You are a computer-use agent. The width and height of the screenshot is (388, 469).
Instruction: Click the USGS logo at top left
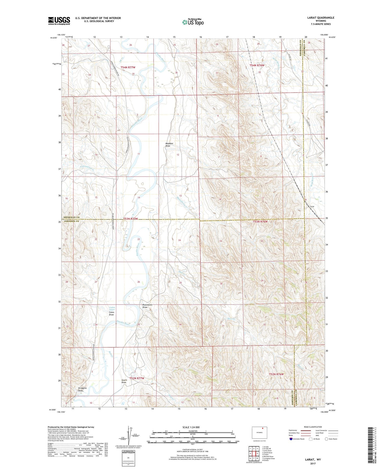pyautogui.click(x=59, y=21)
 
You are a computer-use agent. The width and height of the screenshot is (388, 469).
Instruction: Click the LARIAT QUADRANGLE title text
pyautogui.click(x=321, y=18)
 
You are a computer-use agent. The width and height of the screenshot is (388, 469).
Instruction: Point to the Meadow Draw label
pyautogui.click(x=169, y=145)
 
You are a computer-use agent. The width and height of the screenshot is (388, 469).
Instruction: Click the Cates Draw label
pyautogui.click(x=111, y=313)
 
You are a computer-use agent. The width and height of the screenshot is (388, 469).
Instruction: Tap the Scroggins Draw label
pyautogui.click(x=82, y=389)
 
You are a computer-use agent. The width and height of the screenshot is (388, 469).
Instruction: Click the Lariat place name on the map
pyautogui.click(x=312, y=206)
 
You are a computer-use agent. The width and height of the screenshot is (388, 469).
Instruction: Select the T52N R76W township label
pyautogui.click(x=276, y=374)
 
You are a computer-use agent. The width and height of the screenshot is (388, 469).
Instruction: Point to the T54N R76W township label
pyautogui.click(x=257, y=65)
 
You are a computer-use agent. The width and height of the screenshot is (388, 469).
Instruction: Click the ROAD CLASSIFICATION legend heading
pyautogui.click(x=313, y=427)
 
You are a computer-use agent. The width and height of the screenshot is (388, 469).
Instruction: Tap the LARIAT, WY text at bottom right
pyautogui.click(x=313, y=460)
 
